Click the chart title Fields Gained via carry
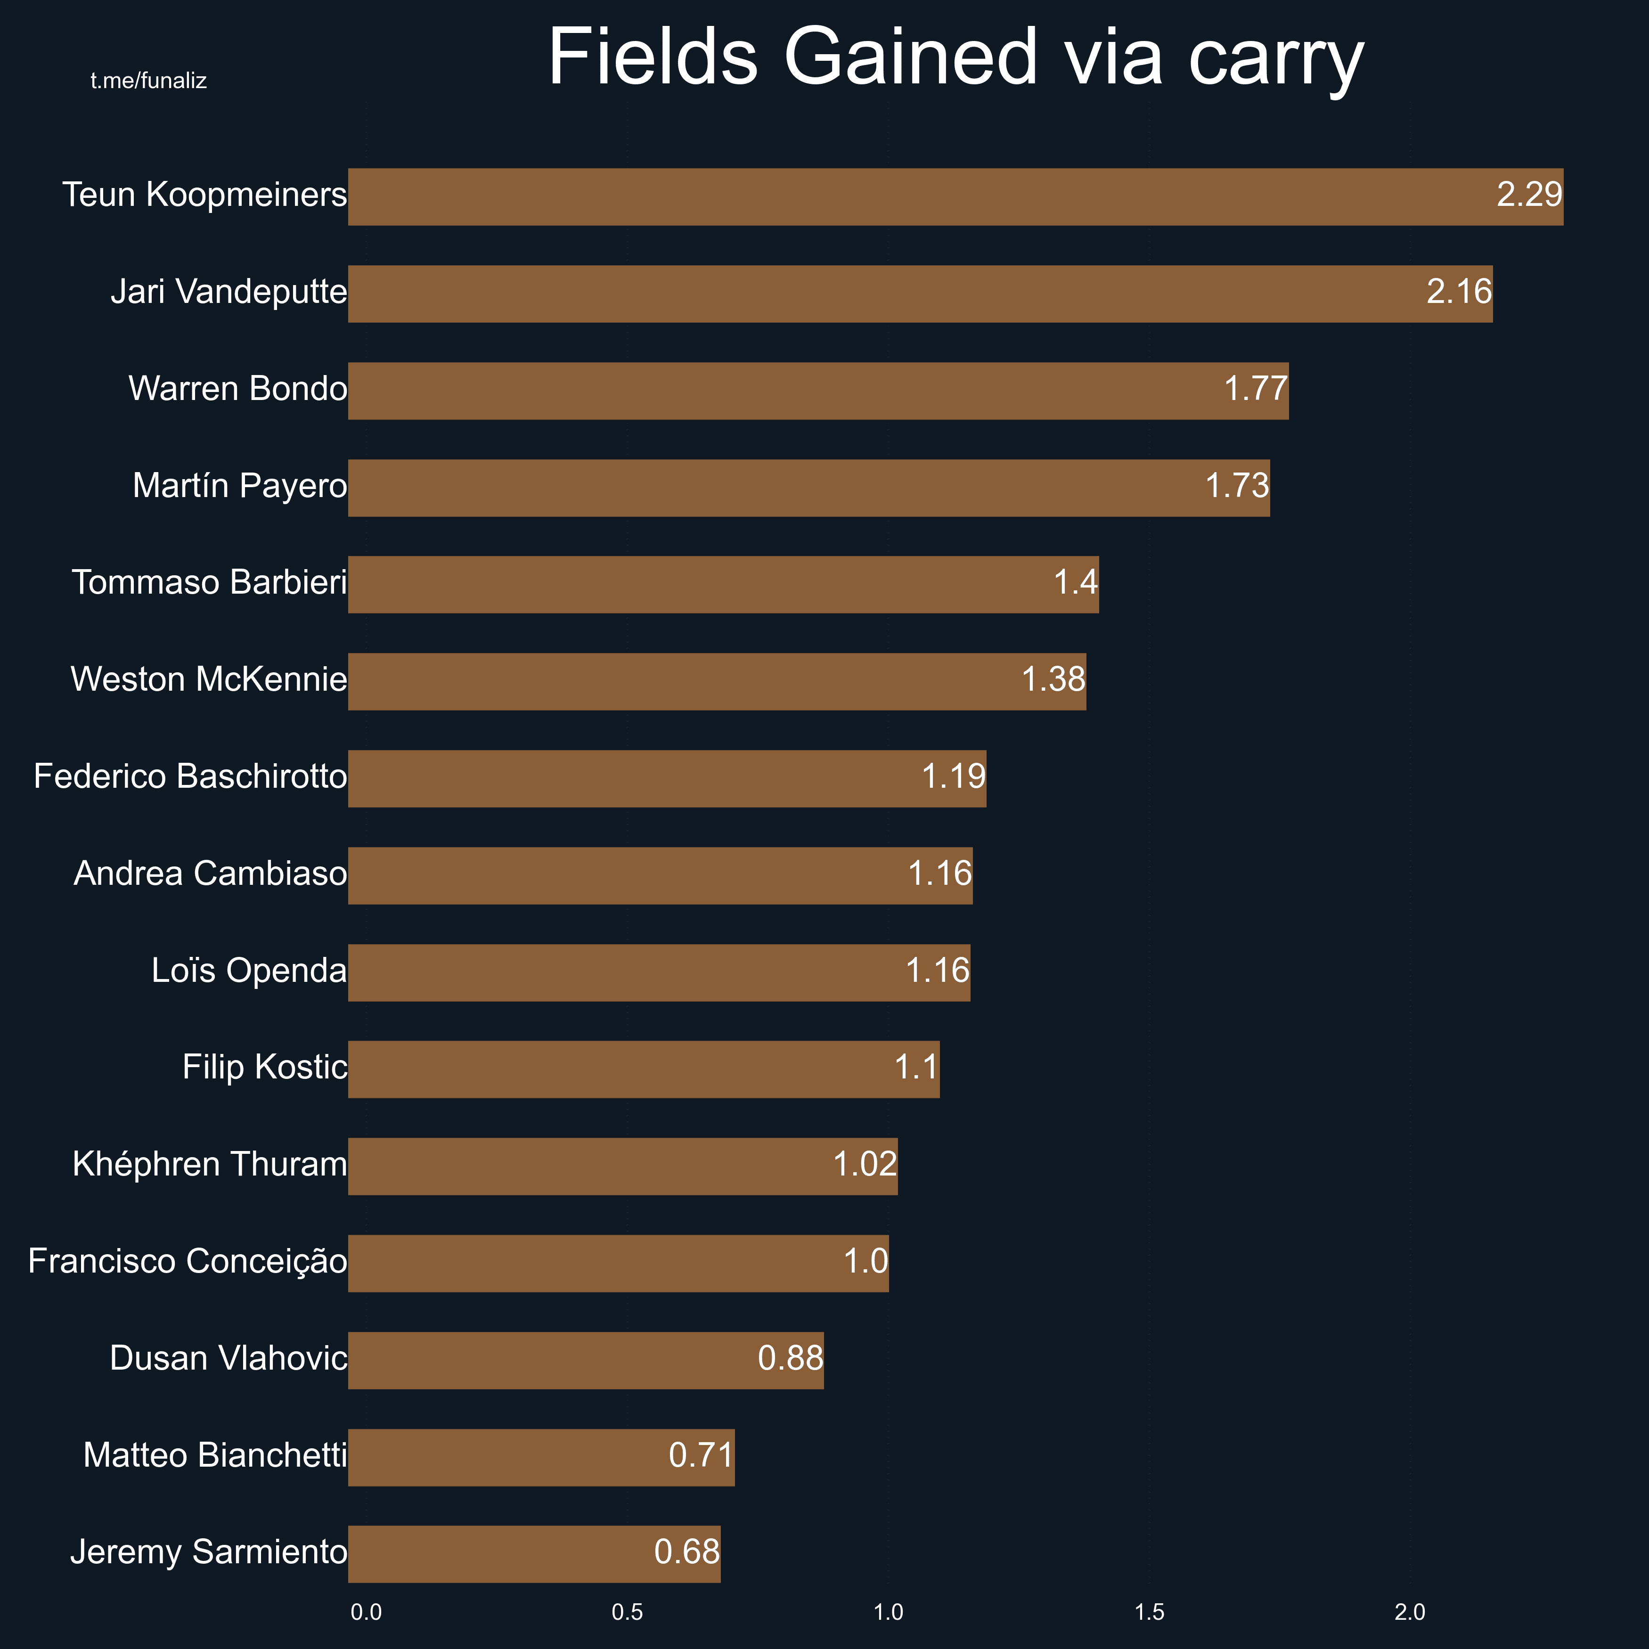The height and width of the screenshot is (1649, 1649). [956, 58]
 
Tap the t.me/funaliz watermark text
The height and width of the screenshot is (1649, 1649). [148, 81]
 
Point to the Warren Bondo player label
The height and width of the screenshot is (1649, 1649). [238, 389]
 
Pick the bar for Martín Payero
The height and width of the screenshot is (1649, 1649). [808, 488]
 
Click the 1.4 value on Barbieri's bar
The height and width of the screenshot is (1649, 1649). [1076, 583]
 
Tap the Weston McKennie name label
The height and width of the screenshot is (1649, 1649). [209, 680]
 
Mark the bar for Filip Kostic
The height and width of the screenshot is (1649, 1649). [644, 1069]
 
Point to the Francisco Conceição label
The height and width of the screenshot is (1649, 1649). [188, 1262]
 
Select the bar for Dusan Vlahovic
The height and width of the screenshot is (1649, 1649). [586, 1361]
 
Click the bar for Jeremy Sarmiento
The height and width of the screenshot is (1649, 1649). [534, 1554]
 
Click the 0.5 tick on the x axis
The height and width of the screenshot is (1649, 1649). [628, 1612]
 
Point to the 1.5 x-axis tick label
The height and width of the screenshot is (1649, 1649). [1150, 1612]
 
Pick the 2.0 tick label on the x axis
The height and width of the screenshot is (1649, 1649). [1410, 1612]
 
